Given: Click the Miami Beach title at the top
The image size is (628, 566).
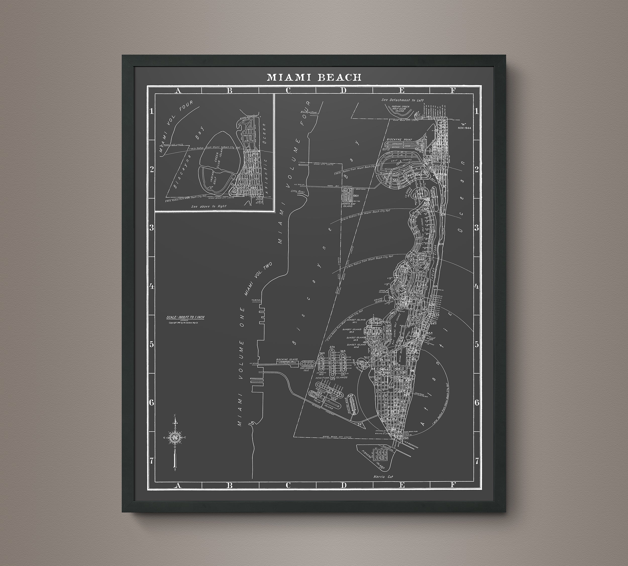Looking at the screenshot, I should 314,77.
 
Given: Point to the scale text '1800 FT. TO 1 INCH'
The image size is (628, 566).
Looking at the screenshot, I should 185,317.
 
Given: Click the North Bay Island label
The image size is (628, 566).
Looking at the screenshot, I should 348,204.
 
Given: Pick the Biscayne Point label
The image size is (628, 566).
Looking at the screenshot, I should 400,140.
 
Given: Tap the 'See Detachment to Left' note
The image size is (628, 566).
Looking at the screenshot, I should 403,100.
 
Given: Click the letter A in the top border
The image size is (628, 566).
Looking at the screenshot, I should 178,91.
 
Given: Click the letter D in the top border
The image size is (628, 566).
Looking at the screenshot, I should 343,91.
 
